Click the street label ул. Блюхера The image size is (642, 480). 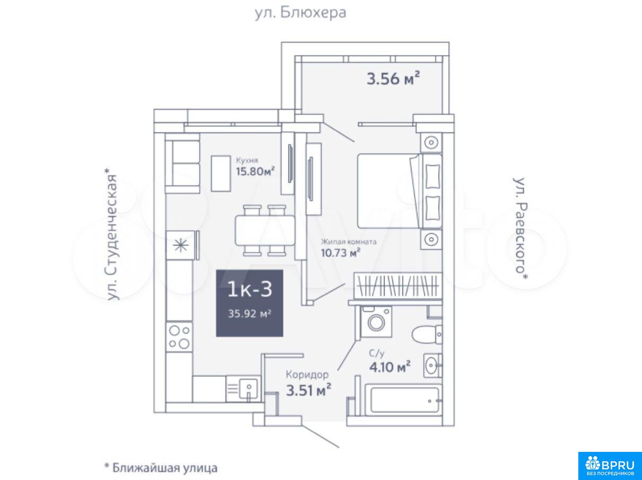click(300, 13)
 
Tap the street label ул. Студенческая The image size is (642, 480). click(112, 234)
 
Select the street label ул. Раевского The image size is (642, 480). click(520, 228)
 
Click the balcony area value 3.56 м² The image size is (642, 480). click(393, 78)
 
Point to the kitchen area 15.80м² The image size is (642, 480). click(255, 171)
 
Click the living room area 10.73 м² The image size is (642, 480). click(341, 252)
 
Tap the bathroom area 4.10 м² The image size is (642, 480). click(389, 367)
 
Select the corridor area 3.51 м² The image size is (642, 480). click(309, 390)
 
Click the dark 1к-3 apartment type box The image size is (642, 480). click(249, 303)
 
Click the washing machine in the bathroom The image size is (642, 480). click(376, 321)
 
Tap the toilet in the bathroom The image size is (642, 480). click(427, 334)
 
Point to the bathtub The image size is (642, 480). click(403, 401)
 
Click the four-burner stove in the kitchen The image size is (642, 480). click(179, 337)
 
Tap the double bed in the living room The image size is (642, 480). click(399, 191)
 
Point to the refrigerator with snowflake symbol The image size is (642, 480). click(181, 245)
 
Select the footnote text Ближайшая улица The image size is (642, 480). click(165, 468)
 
